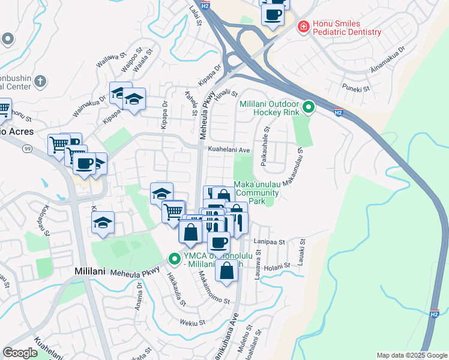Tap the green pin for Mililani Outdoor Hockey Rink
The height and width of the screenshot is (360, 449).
point(309,108)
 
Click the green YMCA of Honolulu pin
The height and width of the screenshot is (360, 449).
point(175,260)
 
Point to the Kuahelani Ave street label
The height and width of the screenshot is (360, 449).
point(228,149)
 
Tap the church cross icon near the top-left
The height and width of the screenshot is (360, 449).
point(40,81)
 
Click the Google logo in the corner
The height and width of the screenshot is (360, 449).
point(20,353)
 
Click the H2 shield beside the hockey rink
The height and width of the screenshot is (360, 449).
point(338,112)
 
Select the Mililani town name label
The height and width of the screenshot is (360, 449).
point(90,271)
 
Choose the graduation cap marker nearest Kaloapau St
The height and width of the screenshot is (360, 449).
point(103,223)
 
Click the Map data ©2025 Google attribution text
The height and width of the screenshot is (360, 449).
point(412,355)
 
